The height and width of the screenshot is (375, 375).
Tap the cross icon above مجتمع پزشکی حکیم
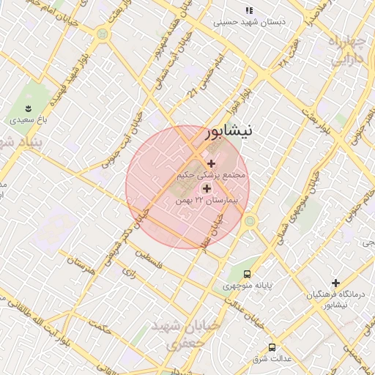pyautogui.click(x=212, y=163)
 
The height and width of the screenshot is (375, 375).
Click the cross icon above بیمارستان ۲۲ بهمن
pyautogui.click(x=207, y=188)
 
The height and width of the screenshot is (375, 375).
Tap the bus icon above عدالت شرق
pyautogui.click(x=272, y=347)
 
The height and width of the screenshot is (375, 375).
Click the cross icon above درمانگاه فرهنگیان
pyautogui.click(x=335, y=283)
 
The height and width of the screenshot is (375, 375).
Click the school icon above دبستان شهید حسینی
pyautogui.click(x=249, y=11)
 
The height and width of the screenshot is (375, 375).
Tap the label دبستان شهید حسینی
pyautogui.click(x=249, y=22)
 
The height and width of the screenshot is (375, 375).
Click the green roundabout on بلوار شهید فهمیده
pyautogui.click(x=102, y=34)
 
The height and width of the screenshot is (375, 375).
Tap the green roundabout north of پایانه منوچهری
pyautogui.click(x=250, y=220)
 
